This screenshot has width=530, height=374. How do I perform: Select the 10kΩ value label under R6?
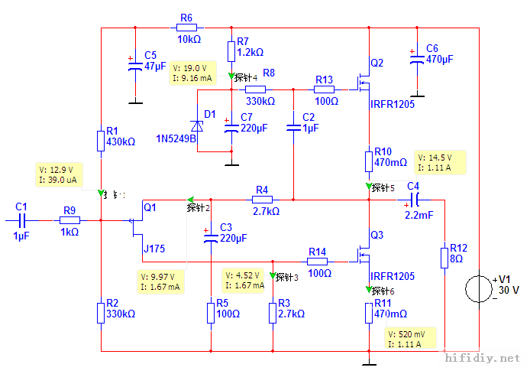pos(189,39)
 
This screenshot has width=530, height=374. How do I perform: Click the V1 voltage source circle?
pos(479,288)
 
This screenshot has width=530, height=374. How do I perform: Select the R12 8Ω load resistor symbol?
pos(444,257)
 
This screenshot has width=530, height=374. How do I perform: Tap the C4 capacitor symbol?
pos(413,200)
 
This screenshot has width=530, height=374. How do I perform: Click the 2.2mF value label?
pos(419,216)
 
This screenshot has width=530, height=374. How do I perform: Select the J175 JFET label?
pos(154,249)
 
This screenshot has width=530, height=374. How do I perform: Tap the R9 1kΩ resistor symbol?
pos(69,220)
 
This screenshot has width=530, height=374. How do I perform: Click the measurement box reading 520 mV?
pos(411,340)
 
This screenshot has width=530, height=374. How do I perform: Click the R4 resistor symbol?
pos(262,200)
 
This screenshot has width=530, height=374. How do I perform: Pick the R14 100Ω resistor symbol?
pos(318,261)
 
